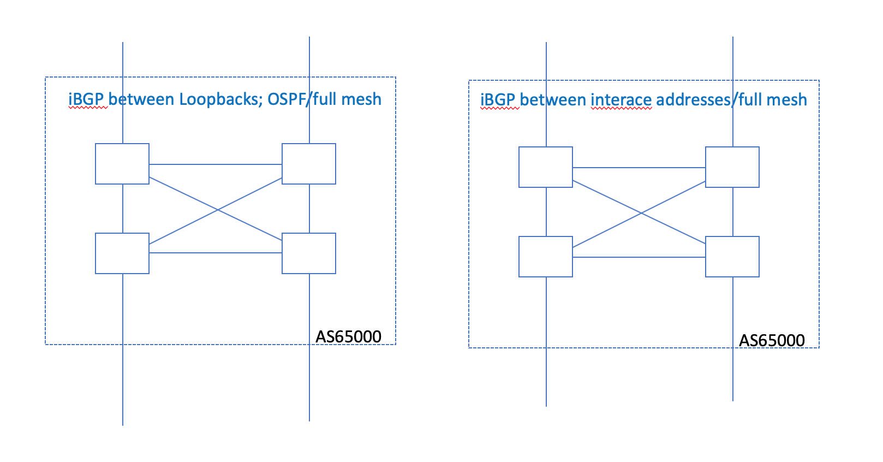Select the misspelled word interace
click(621, 100)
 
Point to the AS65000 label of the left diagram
click(348, 336)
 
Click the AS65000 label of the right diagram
click(772, 340)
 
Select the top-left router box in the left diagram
click(122, 164)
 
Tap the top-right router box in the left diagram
click(309, 164)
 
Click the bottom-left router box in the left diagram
click(122, 253)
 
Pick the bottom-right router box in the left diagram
click(309, 253)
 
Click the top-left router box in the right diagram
click(546, 167)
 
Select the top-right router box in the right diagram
click(732, 167)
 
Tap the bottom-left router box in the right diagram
click(546, 257)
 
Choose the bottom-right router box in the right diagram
click(732, 257)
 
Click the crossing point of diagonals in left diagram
click(218, 210)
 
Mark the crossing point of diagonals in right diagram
click(641, 213)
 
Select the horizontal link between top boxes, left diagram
click(216, 164)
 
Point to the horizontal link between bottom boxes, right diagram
click(639, 257)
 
